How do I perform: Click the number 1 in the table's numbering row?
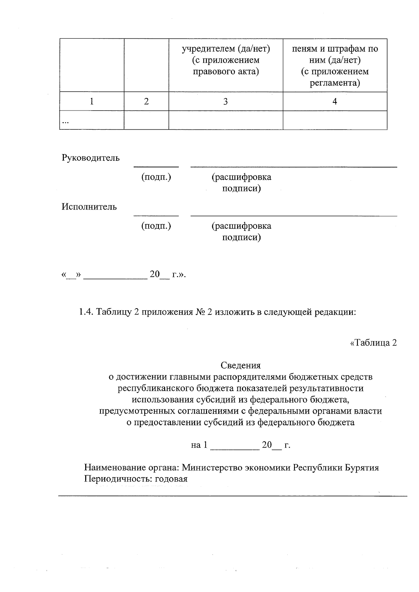[x=91, y=101]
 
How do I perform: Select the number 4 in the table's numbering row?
[x=335, y=101]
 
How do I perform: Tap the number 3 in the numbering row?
[x=226, y=101]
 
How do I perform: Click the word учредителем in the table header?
[x=204, y=49]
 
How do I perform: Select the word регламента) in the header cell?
[x=335, y=83]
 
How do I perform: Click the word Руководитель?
[x=91, y=158]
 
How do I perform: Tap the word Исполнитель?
[x=89, y=207]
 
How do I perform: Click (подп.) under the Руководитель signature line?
[x=156, y=177]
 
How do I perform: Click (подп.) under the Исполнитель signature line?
[x=156, y=226]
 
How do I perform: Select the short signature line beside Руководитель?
[x=156, y=167]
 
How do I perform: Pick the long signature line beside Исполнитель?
[x=293, y=216]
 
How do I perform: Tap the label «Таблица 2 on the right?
[x=373, y=343]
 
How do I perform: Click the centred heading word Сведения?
[x=241, y=365]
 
